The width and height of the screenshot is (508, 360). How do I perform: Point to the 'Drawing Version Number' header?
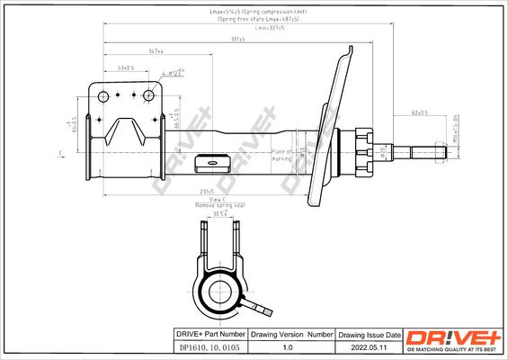click(x=288, y=333)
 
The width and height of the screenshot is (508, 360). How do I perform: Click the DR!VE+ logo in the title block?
click(x=454, y=336)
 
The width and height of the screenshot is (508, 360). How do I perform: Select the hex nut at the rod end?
click(x=440, y=149)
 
